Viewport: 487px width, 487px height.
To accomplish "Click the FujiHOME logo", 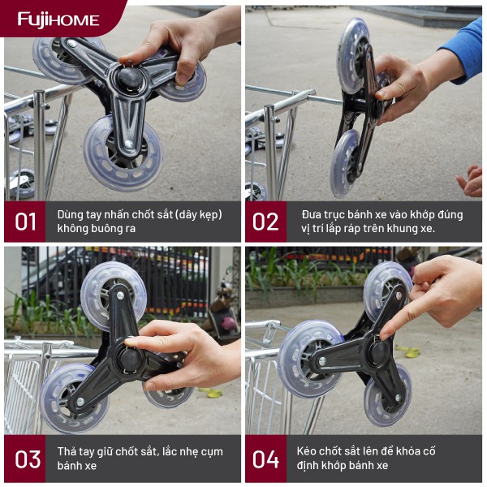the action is pos(58,20).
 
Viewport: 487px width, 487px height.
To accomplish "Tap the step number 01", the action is pos(25,222).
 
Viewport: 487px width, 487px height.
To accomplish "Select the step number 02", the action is pos(265,222).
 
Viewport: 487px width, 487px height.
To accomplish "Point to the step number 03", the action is pos(28,459).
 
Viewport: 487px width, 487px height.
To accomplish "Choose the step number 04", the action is pos(265,459).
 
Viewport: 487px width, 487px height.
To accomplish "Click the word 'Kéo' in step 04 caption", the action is pos(306,451).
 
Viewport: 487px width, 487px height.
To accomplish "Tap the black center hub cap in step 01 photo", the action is pos(130,77).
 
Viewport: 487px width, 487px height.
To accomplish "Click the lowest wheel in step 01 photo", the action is pos(123,153).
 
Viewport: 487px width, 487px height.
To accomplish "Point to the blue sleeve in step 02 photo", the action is pos(462,51).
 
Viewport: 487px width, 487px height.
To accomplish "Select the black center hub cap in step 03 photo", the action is pos(130,359).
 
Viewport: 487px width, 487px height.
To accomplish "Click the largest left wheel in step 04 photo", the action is pos(311,359).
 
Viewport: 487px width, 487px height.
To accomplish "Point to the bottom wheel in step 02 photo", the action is pos(346,164).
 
